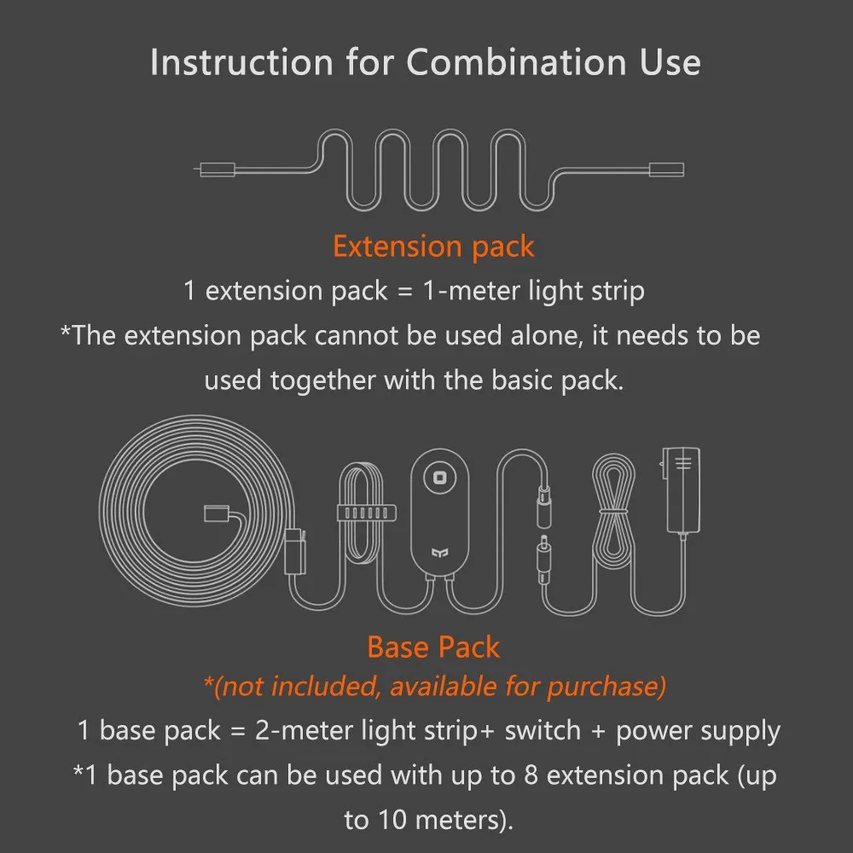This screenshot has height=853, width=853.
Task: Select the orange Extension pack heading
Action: pyautogui.click(x=433, y=247)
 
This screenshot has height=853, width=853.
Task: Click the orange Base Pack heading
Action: pyautogui.click(x=433, y=647)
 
